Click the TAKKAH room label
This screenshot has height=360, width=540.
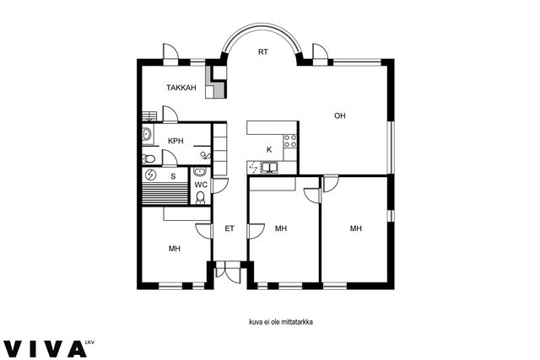(x=181, y=88)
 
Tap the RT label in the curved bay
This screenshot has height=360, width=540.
(x=263, y=52)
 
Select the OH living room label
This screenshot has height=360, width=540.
(x=339, y=116)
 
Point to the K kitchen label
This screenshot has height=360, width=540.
(x=269, y=149)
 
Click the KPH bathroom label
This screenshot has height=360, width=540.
(x=175, y=141)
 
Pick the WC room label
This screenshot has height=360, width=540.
(x=201, y=185)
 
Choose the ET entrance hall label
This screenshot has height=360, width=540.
(x=229, y=228)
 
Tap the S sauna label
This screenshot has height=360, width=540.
(x=173, y=176)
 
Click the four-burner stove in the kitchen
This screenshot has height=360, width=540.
(x=290, y=141)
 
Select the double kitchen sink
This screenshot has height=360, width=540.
(x=270, y=167)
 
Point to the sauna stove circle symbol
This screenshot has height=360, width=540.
(x=150, y=175)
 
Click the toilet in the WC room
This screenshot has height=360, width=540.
(x=200, y=197)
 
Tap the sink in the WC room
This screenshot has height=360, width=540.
(x=200, y=171)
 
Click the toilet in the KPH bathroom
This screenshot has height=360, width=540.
(x=148, y=159)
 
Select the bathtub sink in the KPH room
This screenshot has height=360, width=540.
(x=148, y=134)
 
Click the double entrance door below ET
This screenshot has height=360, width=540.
(x=227, y=271)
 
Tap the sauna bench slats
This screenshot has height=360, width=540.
(x=165, y=194)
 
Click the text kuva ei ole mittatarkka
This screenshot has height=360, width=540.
(x=281, y=322)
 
